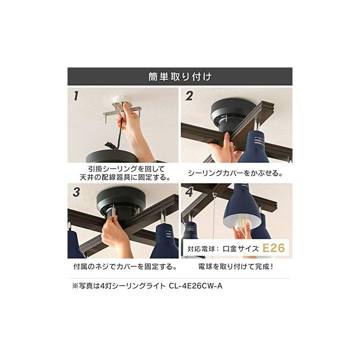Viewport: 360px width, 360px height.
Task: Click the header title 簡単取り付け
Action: [180, 76]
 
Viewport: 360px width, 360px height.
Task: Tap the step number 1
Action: [76, 95]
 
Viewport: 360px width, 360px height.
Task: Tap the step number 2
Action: [189, 96]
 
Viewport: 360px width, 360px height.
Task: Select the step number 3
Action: [76, 192]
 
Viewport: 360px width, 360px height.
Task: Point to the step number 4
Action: [189, 192]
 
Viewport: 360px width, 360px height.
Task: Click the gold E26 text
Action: [274, 247]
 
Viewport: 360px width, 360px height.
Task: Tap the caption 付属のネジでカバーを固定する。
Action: [124, 267]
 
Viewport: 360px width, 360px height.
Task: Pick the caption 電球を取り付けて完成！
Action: [236, 267]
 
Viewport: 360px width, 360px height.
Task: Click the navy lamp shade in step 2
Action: [254, 146]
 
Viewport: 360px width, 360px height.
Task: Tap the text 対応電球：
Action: [203, 248]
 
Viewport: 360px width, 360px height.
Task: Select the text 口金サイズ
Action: [239, 248]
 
